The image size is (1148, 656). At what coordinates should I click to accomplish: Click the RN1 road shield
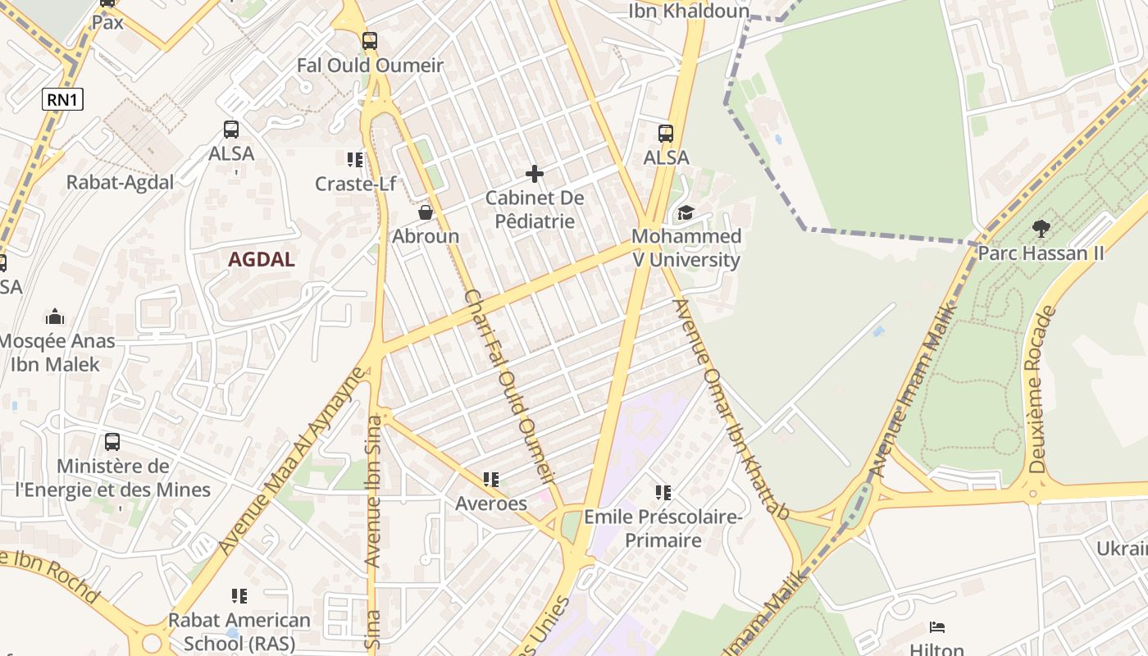63,100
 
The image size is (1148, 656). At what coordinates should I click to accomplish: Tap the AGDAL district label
262,260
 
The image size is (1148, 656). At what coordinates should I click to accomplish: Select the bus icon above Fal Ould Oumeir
370,40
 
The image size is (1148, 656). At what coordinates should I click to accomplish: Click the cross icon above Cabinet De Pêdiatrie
535,174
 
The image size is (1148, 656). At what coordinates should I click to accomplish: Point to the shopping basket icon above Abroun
425,212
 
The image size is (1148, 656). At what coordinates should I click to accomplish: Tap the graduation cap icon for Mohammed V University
686,213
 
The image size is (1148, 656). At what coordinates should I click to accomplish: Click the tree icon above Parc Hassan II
1041,228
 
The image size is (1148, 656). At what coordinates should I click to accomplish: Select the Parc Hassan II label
1041,253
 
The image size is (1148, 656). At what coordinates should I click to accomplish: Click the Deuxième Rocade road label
1038,389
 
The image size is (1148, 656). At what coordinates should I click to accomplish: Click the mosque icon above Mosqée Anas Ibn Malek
55,317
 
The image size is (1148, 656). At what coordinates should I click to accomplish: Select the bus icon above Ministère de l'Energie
112,442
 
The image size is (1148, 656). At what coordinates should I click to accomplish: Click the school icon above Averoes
491,479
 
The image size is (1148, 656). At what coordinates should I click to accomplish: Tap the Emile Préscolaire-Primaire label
663,529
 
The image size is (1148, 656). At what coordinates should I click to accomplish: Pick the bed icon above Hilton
937,628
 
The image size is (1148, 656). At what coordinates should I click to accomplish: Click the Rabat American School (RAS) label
239,631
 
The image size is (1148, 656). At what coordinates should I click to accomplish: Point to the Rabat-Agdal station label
120,183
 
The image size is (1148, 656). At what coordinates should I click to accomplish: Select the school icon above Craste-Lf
354,159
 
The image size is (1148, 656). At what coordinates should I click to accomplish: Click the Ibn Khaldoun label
689,11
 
